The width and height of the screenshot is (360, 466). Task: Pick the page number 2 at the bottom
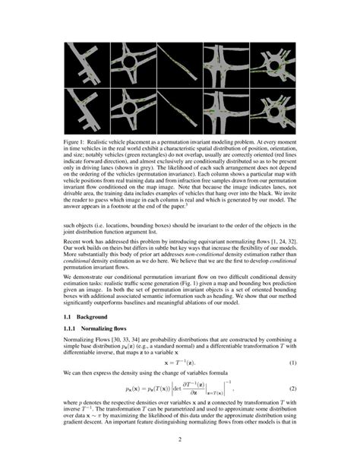[180, 439]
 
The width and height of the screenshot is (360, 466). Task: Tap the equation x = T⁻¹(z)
[179, 341]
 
